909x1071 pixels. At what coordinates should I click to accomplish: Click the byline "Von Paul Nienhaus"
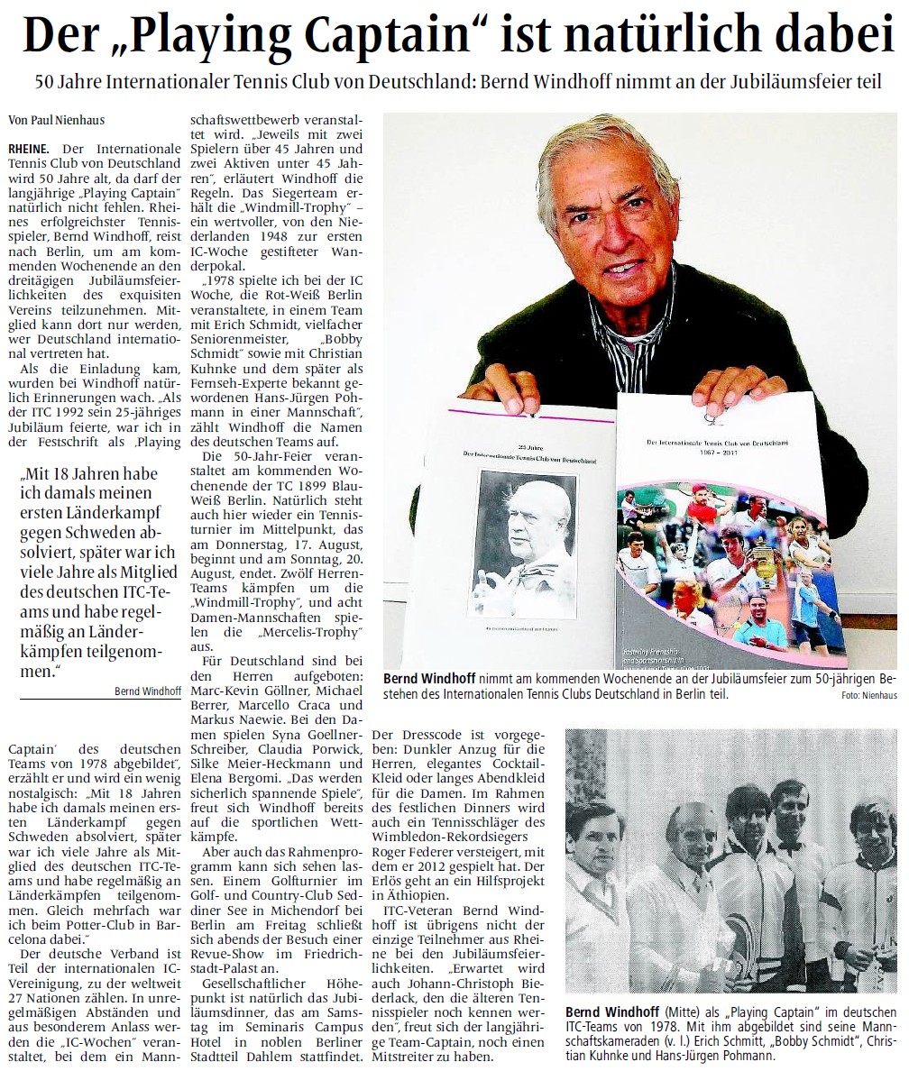click(51, 119)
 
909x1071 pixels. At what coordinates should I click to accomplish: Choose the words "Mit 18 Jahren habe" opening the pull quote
click(95, 475)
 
